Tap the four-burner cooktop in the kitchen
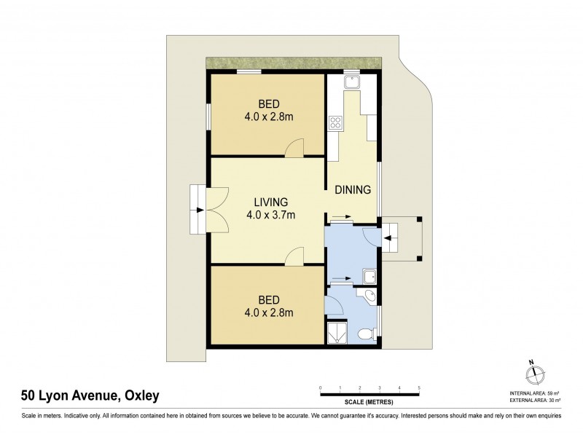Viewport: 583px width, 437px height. [336, 122]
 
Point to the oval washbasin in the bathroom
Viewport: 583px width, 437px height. [369, 296]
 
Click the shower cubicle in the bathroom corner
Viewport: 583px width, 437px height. [337, 332]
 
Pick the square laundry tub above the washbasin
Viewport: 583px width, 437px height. [370, 276]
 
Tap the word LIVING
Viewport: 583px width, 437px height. [270, 202]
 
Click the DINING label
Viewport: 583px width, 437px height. [353, 190]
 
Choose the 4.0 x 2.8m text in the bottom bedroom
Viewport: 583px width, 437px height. [269, 313]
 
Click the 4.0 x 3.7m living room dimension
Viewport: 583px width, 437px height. [270, 215]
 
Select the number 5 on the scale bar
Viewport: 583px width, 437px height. [419, 387]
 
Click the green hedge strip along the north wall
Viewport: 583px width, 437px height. [293, 64]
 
